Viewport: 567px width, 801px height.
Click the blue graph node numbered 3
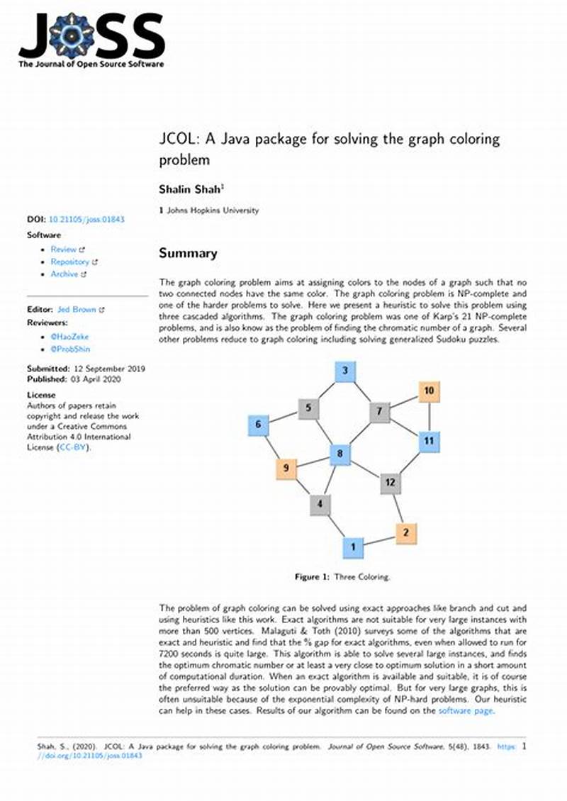coord(344,371)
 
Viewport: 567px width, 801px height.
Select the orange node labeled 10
coord(429,391)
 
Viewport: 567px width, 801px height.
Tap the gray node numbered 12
coord(390,483)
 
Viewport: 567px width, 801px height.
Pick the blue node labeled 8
coord(340,454)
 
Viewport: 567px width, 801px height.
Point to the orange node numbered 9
coord(286,468)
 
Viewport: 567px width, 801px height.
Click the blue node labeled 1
coord(354,547)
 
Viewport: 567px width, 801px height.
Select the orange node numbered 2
coord(405,532)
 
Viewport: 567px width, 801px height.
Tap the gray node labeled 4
coord(320,505)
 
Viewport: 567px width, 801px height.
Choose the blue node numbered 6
coord(258,425)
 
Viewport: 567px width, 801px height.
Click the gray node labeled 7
coord(380,411)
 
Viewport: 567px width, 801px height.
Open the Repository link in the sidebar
coord(69,262)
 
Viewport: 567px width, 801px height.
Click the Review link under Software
coord(64,250)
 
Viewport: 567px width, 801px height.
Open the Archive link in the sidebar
coord(64,274)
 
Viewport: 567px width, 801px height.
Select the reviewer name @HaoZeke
coord(70,337)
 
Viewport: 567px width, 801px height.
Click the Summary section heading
coord(188,253)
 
